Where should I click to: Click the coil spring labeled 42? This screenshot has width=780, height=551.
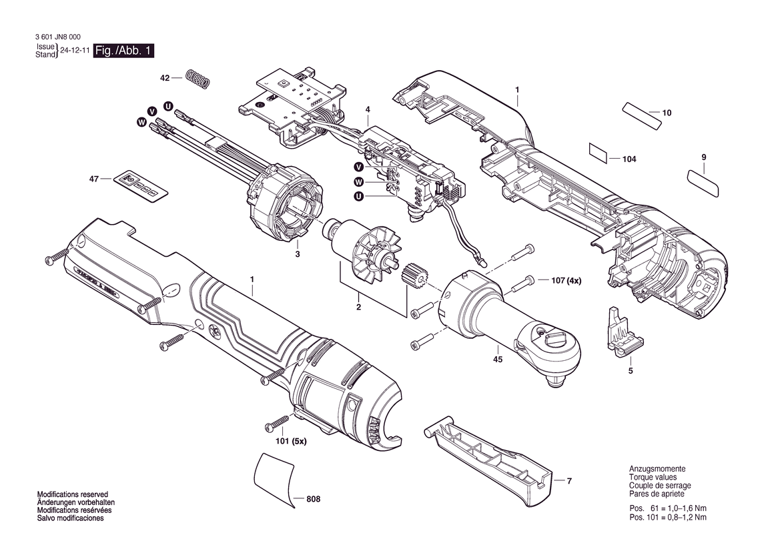click(198, 79)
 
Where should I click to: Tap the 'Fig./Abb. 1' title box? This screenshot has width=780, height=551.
click(124, 51)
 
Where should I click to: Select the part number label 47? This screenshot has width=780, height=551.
click(94, 179)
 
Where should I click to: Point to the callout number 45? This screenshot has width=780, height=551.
click(498, 359)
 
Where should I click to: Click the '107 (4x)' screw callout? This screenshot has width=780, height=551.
click(566, 280)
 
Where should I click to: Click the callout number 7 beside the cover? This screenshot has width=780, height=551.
click(570, 481)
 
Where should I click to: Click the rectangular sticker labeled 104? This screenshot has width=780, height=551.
click(599, 153)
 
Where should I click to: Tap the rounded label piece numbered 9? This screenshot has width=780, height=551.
click(703, 183)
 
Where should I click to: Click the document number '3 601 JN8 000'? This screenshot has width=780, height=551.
click(58, 37)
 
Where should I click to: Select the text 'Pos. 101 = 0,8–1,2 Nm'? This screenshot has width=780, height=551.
click(668, 517)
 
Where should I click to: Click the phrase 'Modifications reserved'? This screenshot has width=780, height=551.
click(73, 494)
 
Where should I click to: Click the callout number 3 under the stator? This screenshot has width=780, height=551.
click(297, 254)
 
